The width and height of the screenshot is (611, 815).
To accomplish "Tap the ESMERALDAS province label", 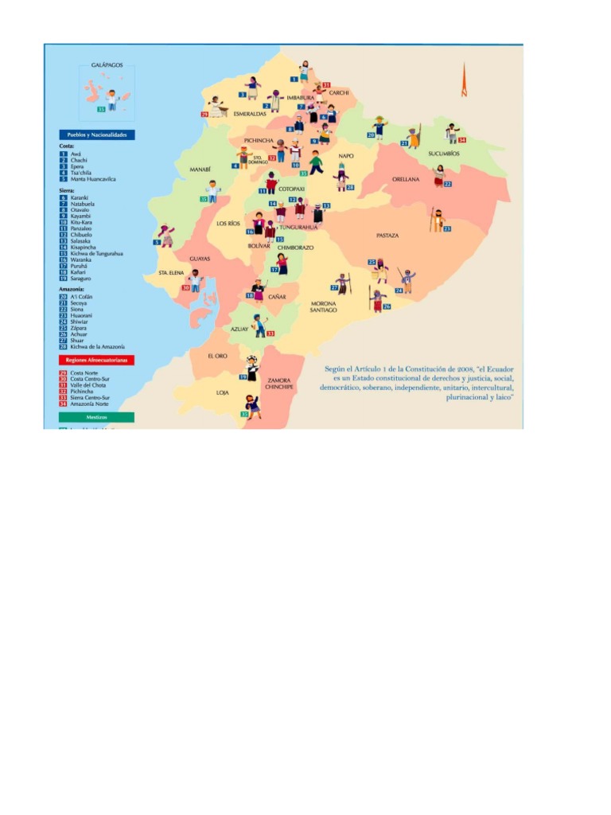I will (x=250, y=114).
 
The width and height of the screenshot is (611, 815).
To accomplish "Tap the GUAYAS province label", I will (x=199, y=258).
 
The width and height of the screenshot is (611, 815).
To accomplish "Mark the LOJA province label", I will (x=223, y=392).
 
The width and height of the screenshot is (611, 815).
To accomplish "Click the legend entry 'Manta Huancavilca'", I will (x=93, y=179).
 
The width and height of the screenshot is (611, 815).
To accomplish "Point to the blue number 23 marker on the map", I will (x=447, y=229).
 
